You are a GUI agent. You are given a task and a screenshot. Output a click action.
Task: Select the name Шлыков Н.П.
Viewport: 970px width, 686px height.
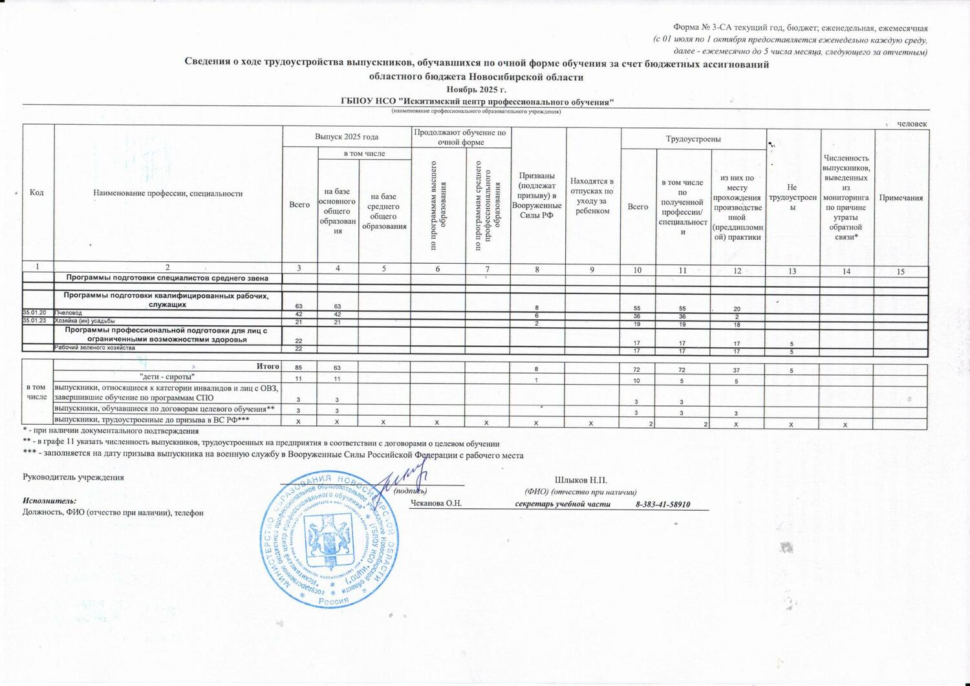click(581, 480)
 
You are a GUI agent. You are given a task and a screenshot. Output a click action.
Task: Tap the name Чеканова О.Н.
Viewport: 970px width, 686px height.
click(436, 504)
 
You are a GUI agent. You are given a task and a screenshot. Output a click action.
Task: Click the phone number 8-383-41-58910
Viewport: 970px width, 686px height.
click(663, 504)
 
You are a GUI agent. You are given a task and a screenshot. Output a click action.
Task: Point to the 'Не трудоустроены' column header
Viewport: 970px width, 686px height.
click(792, 197)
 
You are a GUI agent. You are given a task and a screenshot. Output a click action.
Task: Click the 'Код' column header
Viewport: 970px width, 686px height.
click(37, 193)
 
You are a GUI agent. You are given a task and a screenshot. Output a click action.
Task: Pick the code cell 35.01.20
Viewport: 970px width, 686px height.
click(37, 313)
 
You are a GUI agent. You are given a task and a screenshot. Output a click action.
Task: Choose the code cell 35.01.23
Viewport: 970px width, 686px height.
click(37, 321)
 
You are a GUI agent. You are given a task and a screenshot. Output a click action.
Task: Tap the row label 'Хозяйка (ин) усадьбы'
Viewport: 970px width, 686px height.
click(85, 321)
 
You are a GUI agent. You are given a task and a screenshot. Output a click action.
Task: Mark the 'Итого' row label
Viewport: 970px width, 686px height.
click(267, 367)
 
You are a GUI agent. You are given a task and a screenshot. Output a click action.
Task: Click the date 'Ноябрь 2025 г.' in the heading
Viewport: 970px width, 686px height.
click(475, 89)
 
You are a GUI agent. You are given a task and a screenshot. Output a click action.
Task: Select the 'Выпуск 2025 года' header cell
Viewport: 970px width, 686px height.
click(347, 137)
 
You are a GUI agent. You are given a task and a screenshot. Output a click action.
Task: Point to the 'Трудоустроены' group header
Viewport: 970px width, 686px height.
click(693, 139)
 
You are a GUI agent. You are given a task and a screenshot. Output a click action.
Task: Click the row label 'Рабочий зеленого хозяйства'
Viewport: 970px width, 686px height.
click(94, 348)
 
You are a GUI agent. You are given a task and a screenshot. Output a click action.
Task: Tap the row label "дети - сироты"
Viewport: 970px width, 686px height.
click(167, 376)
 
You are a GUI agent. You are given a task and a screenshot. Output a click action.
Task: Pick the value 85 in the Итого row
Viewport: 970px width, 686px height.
click(299, 369)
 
